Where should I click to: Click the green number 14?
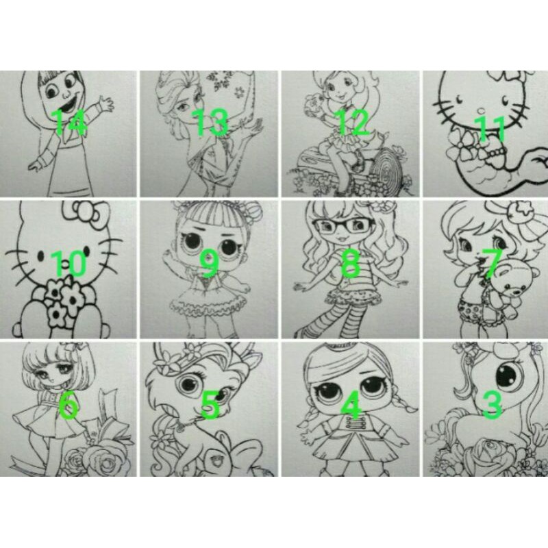pos(69,122)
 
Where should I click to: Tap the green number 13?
pos(212,122)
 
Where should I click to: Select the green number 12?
pos(352,122)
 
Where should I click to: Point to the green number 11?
pos(490,129)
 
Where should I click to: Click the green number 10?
pos(69,264)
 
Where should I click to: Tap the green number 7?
pos(492,264)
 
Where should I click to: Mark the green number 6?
pos(68,406)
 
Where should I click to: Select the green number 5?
pos(210,406)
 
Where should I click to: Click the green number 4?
pos(351,406)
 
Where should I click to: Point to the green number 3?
pos(492,406)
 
